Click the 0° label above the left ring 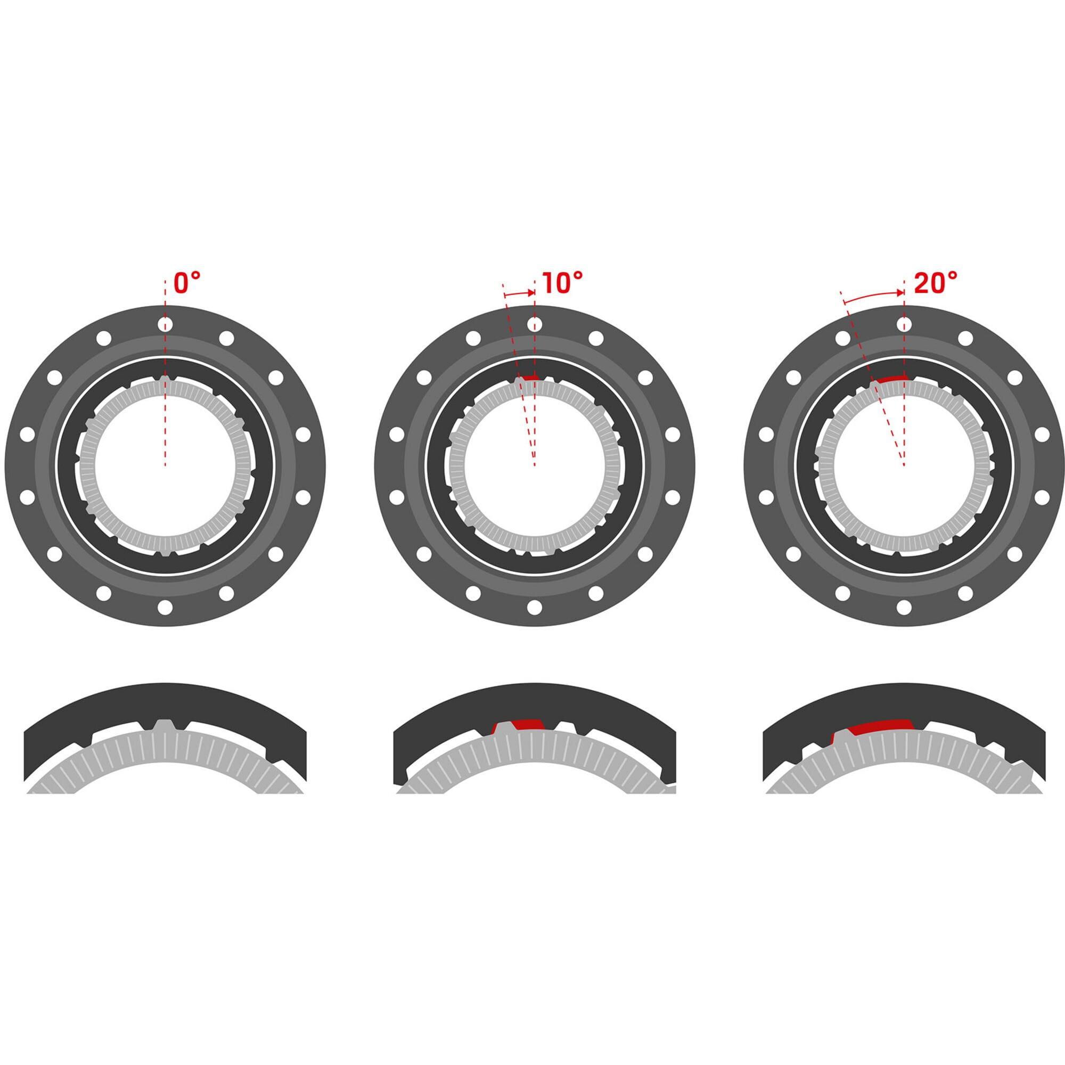tap(187, 283)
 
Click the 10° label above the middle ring tap(562, 283)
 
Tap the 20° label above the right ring tap(936, 283)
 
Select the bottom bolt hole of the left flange tap(165, 608)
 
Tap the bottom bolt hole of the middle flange tap(534, 608)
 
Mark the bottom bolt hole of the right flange tap(904, 608)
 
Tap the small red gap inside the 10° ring tap(530, 378)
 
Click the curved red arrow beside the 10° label tap(519, 294)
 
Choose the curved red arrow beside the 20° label tap(874, 297)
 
